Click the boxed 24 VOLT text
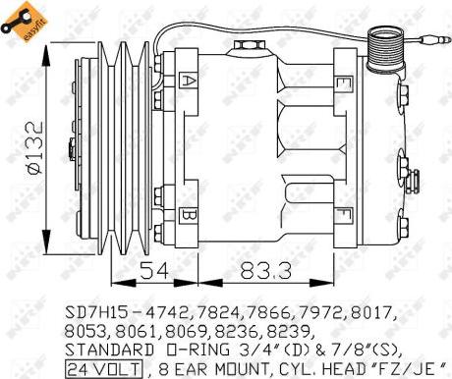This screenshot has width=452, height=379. [x=104, y=369]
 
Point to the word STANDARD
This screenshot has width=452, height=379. [x=108, y=350]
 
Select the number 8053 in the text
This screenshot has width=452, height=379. [x=86, y=330]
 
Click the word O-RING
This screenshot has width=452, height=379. [x=192, y=350]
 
